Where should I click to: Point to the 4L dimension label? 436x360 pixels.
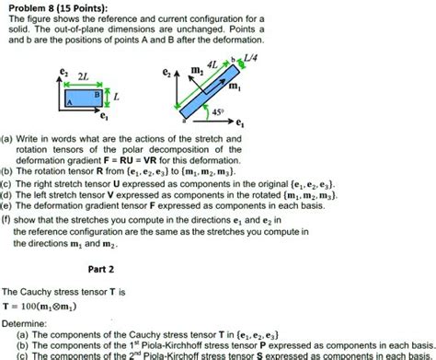[213, 65]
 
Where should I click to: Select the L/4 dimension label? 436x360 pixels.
[249, 59]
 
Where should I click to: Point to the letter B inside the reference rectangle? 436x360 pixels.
[97, 94]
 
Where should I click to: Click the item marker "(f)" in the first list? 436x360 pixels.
[8, 220]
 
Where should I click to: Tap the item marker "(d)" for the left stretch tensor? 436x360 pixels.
[7, 194]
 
